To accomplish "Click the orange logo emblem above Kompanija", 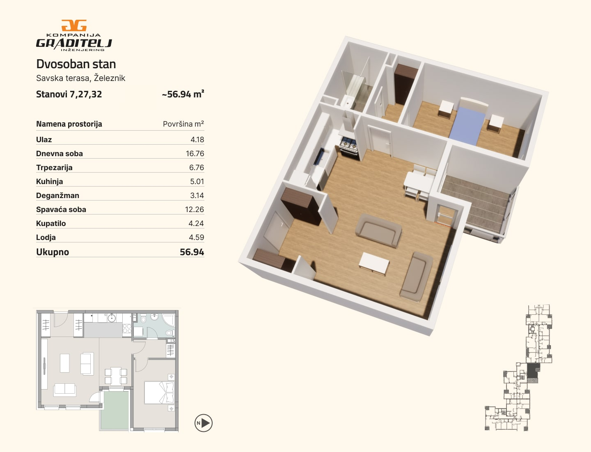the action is pyautogui.click(x=74, y=25).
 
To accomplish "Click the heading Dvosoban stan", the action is pyautogui.click(x=76, y=64).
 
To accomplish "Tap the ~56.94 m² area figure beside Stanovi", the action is pyautogui.click(x=183, y=94).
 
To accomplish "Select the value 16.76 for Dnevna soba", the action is pyautogui.click(x=195, y=154).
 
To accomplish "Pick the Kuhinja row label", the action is pyautogui.click(x=50, y=181).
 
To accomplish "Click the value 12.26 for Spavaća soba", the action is pyautogui.click(x=195, y=210).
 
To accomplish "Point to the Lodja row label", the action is pyautogui.click(x=46, y=238).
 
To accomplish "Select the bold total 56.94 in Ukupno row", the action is pyautogui.click(x=192, y=252).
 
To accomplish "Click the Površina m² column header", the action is pyautogui.click(x=183, y=124).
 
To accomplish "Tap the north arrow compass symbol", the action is pyautogui.click(x=204, y=423).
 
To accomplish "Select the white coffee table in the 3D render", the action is pyautogui.click(x=374, y=263).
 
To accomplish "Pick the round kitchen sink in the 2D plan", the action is pyautogui.click(x=112, y=318).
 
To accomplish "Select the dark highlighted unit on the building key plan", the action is pyautogui.click(x=534, y=371).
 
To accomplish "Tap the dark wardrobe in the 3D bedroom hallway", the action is pyautogui.click(x=405, y=83).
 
